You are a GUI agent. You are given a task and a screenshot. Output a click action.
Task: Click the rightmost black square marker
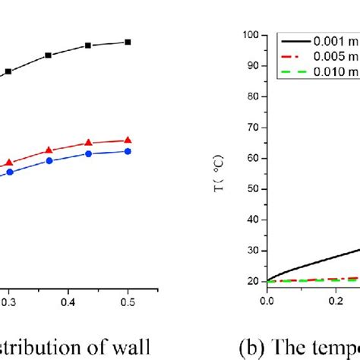(128, 43)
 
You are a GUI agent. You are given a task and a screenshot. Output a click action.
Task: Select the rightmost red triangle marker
(128, 140)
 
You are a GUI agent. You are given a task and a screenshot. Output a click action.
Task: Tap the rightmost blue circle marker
(128, 151)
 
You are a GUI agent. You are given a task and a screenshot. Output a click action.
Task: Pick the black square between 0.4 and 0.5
(88, 46)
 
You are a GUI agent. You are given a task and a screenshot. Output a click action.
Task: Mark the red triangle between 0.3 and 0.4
(49, 150)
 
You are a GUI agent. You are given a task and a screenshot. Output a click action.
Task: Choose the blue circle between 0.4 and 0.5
(88, 154)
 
